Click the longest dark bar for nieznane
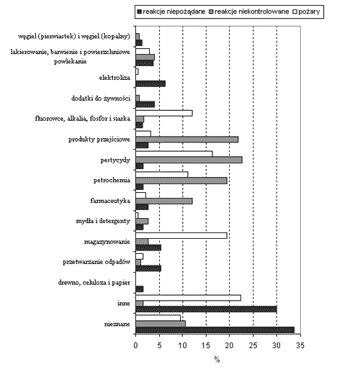coord(215,330)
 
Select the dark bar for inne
coord(206,309)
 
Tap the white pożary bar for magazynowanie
coord(181,236)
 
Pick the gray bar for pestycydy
coord(189,160)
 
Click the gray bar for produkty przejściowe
coord(187,140)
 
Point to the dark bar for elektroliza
coord(150,83)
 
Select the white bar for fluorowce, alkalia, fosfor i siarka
coord(164,113)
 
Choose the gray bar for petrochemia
coord(181,181)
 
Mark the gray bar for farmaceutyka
coord(164,201)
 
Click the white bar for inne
coord(188,298)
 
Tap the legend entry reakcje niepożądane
coord(171,12)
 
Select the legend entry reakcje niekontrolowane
coord(249,12)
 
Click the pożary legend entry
coord(306,12)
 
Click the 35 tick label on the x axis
coord(300,345)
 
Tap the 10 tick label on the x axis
coord(183,345)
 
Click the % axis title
coord(217,360)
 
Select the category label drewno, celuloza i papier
coord(94,283)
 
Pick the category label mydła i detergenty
coord(103,221)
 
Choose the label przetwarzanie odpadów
coord(96,262)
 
